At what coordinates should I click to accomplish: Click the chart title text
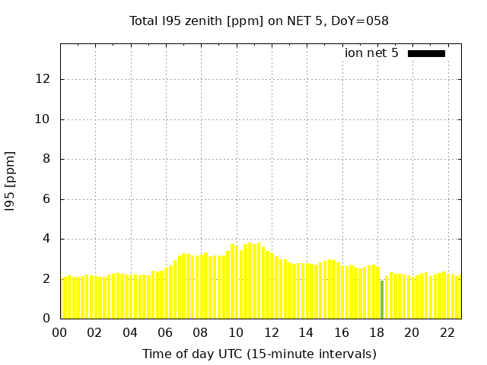point(259,21)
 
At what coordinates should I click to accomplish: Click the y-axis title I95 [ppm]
point(11,182)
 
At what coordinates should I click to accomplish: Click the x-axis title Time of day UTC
point(259,354)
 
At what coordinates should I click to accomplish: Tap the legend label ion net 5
point(371,53)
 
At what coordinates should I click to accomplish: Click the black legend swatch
point(426,53)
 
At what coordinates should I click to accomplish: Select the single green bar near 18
point(382,300)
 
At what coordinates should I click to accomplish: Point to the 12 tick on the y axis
point(46,79)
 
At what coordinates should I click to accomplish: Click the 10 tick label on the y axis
point(46,119)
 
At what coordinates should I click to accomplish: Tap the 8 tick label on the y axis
point(48,159)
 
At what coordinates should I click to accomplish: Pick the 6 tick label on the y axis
point(48,199)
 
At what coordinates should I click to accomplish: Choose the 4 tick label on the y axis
point(48,239)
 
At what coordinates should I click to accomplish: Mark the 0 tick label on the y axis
point(48,319)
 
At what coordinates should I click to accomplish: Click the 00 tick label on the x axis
point(60,332)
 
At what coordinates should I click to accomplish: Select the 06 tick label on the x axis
point(165,332)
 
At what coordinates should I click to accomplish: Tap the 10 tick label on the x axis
point(236,332)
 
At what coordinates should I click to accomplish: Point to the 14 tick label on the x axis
point(306,332)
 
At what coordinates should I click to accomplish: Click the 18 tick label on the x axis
point(376,332)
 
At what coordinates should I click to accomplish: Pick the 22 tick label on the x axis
point(447,332)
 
